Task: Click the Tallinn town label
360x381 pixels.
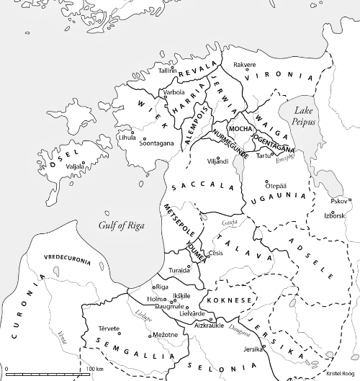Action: point(167,70)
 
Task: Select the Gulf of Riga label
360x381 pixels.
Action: point(122,225)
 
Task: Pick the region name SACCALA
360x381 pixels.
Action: point(202,186)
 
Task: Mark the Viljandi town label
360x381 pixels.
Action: point(217,161)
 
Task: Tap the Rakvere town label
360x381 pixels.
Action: point(245,64)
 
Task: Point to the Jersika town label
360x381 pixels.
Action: point(253,349)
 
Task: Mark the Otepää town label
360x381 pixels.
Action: point(276,185)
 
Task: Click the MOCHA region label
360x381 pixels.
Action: point(238,129)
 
